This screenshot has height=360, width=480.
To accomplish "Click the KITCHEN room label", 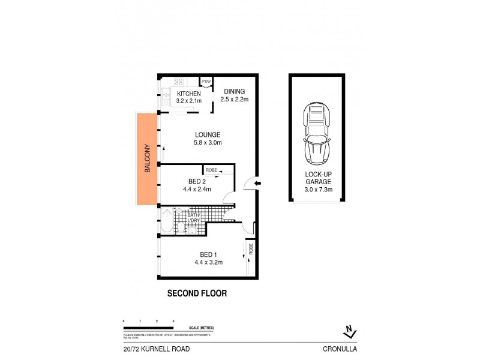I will [188, 94].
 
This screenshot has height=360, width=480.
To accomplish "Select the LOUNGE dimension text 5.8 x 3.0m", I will [208, 143].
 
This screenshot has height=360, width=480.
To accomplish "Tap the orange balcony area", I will [146, 158].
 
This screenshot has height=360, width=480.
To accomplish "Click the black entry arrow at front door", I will [257, 183].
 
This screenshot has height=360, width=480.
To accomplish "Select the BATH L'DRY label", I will [193, 218].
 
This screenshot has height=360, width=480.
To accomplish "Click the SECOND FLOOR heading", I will [196, 294].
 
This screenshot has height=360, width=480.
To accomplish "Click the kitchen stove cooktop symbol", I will [178, 82].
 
